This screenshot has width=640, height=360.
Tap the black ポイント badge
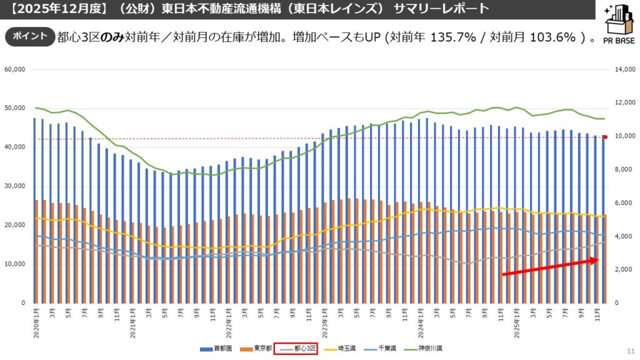tap(30, 36)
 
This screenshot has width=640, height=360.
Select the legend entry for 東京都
tap(257, 348)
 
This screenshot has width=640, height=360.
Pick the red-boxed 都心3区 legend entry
tap(296, 348)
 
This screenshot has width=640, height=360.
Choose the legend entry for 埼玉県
tap(341, 348)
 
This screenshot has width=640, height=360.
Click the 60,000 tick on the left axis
tap(15, 70)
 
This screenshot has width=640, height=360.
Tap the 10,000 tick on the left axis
tap(15, 264)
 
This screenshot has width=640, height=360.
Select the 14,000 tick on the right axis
tap(624, 70)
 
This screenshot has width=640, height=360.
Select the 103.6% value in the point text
tap(552, 37)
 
